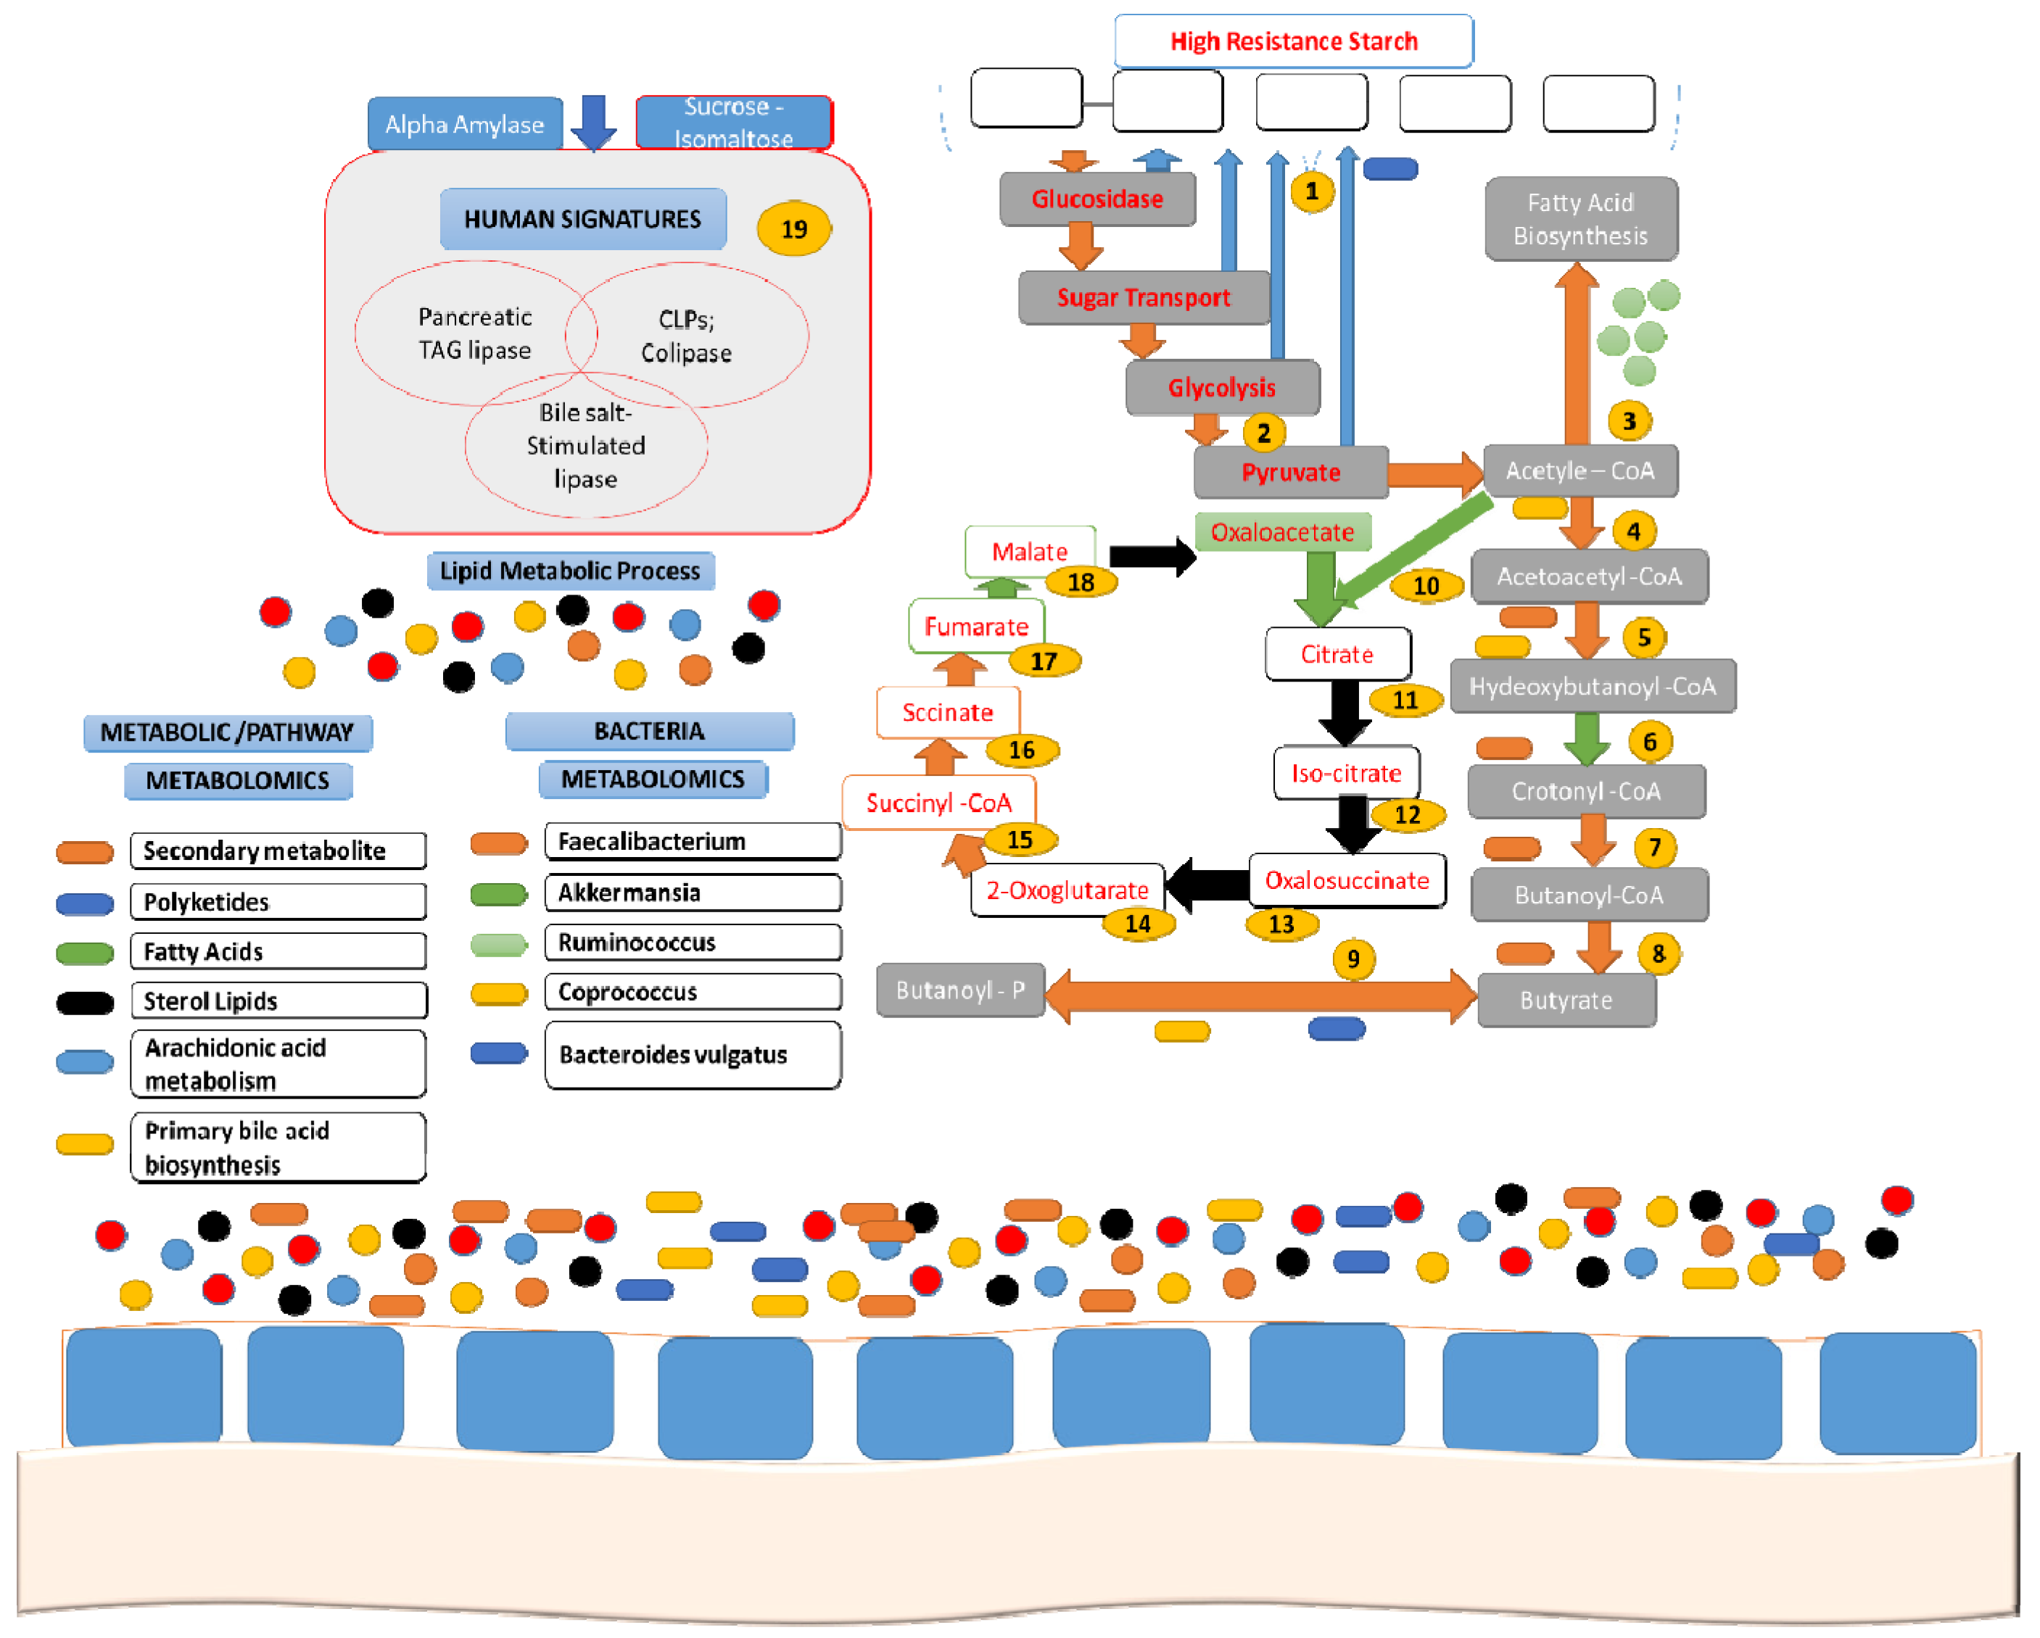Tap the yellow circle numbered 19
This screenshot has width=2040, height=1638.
pyautogui.click(x=794, y=228)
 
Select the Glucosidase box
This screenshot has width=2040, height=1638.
pyautogui.click(x=1097, y=199)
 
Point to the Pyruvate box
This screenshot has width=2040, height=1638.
pyautogui.click(x=1291, y=472)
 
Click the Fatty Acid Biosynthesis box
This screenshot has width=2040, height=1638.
pyautogui.click(x=1580, y=218)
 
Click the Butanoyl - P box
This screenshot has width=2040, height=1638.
pyautogui.click(x=959, y=990)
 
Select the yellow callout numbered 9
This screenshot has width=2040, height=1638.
pyautogui.click(x=1353, y=959)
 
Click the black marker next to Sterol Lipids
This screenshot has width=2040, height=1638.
pyautogui.click(x=85, y=1002)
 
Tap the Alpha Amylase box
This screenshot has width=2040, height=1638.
pyautogui.click(x=465, y=124)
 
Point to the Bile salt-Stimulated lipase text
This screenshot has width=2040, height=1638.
pyautogui.click(x=586, y=446)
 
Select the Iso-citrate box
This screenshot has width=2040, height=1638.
pyautogui.click(x=1345, y=773)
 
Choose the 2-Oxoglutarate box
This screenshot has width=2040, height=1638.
pyautogui.click(x=1066, y=890)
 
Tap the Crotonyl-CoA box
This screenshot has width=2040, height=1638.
pyautogui.click(x=1586, y=791)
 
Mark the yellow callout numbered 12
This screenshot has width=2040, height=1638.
pyautogui.click(x=1407, y=815)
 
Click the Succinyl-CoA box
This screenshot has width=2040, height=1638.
pyautogui.click(x=938, y=803)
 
